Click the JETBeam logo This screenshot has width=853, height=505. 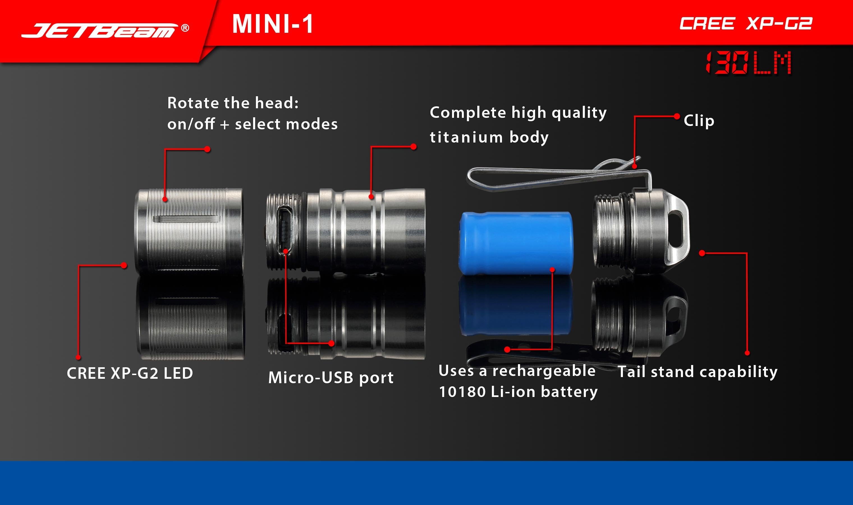[x=99, y=31]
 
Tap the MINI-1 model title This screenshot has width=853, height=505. [x=272, y=24]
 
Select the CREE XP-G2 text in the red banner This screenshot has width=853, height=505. [x=746, y=24]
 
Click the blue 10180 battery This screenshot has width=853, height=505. [x=516, y=243]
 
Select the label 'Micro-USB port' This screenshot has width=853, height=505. [x=331, y=377]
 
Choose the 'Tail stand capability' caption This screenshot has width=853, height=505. [x=698, y=372]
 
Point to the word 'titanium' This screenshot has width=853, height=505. [x=466, y=137]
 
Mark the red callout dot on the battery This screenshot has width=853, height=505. [x=552, y=270]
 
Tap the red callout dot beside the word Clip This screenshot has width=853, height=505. [x=677, y=116]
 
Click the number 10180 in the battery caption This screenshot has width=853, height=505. [x=462, y=392]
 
